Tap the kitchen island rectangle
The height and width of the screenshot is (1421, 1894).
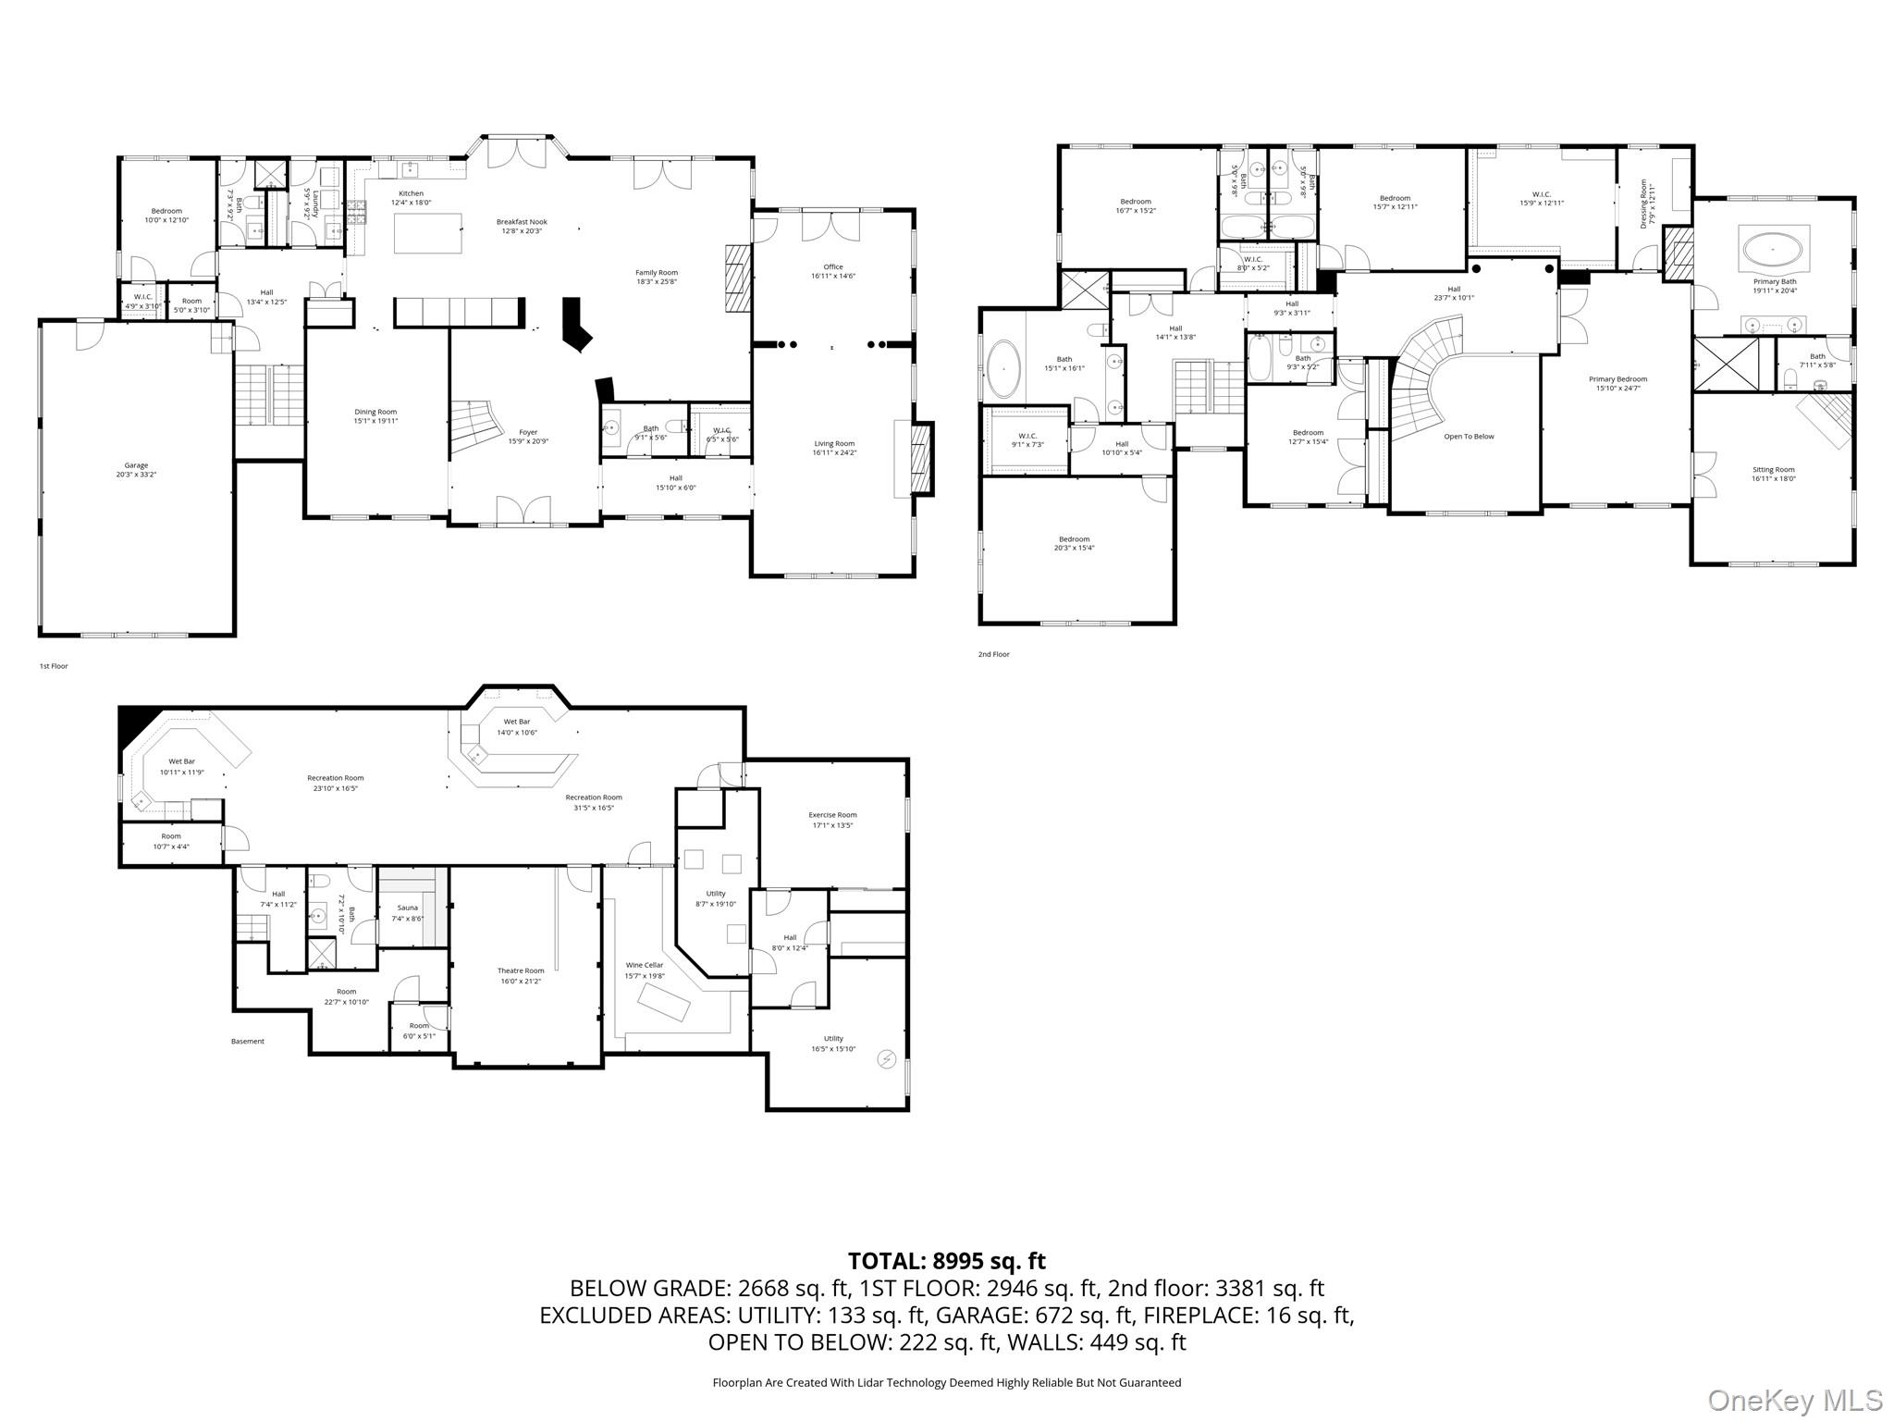click(x=428, y=233)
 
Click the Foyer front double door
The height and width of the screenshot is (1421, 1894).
click(x=522, y=511)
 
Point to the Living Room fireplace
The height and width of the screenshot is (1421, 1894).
click(x=920, y=460)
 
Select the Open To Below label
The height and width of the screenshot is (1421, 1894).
click(x=1469, y=437)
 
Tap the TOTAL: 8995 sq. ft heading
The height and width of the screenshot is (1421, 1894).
click(x=946, y=1261)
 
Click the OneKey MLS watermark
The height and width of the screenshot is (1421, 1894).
click(x=1794, y=1400)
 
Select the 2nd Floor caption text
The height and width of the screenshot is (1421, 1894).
click(x=993, y=654)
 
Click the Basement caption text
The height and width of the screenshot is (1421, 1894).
click(x=247, y=1041)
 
